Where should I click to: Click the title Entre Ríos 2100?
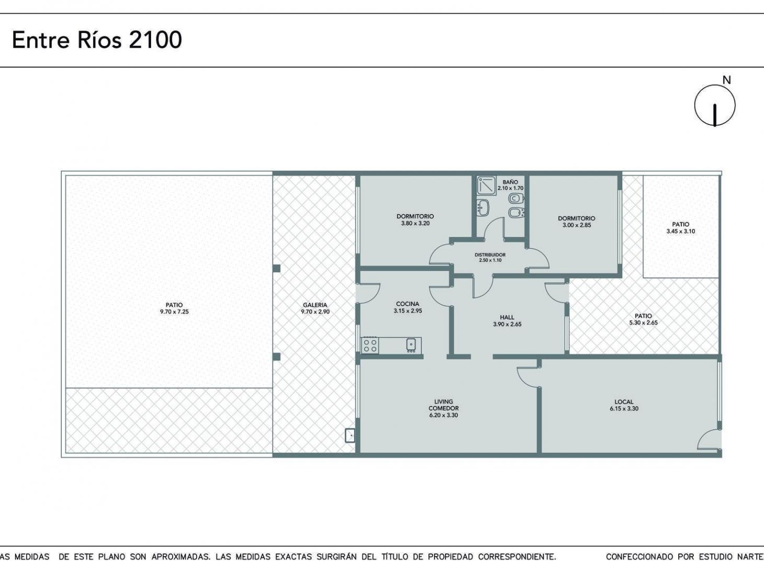[97, 40]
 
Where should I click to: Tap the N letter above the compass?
[726, 81]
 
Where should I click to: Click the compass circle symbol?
[715, 106]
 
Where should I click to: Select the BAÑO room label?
[510, 182]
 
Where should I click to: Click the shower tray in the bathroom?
[486, 186]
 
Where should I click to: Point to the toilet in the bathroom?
[516, 199]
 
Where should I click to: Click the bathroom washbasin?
[483, 207]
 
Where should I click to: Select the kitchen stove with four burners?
[370, 346]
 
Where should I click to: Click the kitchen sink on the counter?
[411, 345]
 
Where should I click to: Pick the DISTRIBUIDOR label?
[490, 255]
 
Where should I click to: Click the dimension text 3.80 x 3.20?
[415, 223]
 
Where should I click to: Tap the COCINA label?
[407, 304]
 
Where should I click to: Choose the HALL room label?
[507, 317]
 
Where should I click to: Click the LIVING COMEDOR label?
[443, 405]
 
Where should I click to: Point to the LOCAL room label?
[624, 402]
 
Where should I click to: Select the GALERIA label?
[315, 305]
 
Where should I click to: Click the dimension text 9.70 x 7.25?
[174, 312]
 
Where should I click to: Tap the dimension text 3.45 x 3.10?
[681, 231]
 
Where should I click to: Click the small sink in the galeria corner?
[350, 435]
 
